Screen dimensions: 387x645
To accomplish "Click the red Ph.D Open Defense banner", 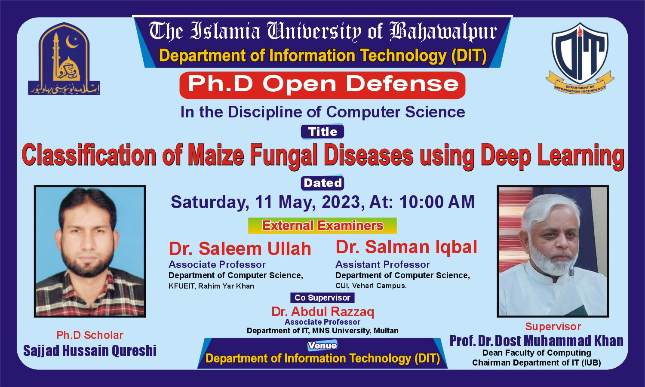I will (322, 84).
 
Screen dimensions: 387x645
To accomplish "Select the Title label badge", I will (322, 132).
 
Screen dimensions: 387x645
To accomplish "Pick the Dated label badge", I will (322, 183).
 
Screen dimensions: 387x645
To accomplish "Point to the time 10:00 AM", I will (437, 202).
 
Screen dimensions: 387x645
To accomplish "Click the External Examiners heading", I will (322, 226).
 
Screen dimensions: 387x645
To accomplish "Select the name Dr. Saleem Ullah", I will (240, 249).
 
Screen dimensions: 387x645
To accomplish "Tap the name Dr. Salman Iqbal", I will (406, 247).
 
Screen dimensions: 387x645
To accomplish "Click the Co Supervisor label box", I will (322, 298).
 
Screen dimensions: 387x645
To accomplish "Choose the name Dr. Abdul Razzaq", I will (322, 312).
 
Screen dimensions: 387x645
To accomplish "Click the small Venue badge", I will (322, 346).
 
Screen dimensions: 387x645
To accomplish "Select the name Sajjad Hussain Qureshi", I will (90, 351).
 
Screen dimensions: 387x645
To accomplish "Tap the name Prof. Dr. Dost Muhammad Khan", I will (536, 341).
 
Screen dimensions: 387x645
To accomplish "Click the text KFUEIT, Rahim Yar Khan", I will (211, 286).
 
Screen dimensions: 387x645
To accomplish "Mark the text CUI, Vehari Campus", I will (371, 286).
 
